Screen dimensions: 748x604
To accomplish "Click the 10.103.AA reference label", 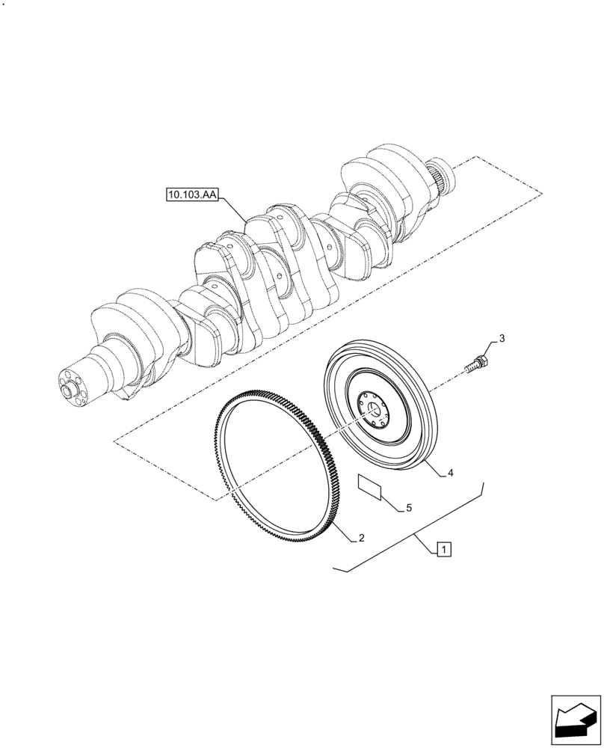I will pyautogui.click(x=190, y=196).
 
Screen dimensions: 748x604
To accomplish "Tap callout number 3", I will pyautogui.click(x=502, y=339).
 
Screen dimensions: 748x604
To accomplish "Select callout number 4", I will pyautogui.click(x=451, y=473).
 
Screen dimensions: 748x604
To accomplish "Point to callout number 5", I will pyautogui.click(x=409, y=508).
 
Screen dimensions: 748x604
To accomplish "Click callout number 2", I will pyautogui.click(x=361, y=538).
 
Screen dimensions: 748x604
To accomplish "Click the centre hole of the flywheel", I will pyautogui.click(x=375, y=407).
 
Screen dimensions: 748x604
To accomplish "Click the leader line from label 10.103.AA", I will pyautogui.click(x=234, y=209).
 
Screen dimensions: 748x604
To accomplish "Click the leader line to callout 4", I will pyautogui.click(x=434, y=465).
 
